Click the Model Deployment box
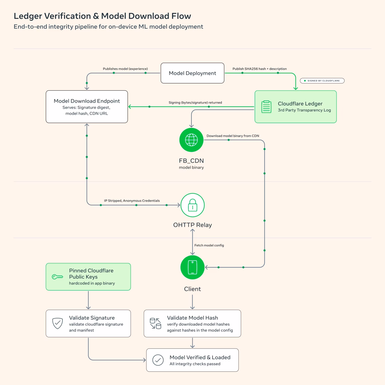(x=192, y=73)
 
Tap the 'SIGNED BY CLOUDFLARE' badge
(x=322, y=81)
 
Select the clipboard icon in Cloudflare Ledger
(x=266, y=107)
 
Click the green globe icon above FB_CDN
(x=191, y=140)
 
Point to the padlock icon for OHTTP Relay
(x=192, y=205)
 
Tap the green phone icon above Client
(x=192, y=267)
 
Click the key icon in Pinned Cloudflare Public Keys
(x=57, y=277)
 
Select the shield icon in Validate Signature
(x=57, y=323)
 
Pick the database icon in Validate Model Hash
(x=155, y=323)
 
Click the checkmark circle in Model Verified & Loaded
(x=158, y=360)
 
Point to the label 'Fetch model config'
(x=209, y=245)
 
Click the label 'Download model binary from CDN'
(x=233, y=136)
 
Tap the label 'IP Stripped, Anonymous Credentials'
(x=132, y=201)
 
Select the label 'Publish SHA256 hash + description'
(x=259, y=69)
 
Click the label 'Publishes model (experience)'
(x=125, y=69)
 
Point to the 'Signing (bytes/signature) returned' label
(x=195, y=103)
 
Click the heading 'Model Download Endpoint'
(x=87, y=101)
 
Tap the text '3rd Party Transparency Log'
(x=304, y=110)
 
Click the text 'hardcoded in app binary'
(x=92, y=283)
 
